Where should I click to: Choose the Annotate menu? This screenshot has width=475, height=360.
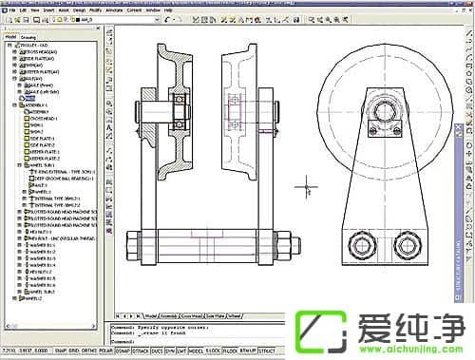[89, 11]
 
